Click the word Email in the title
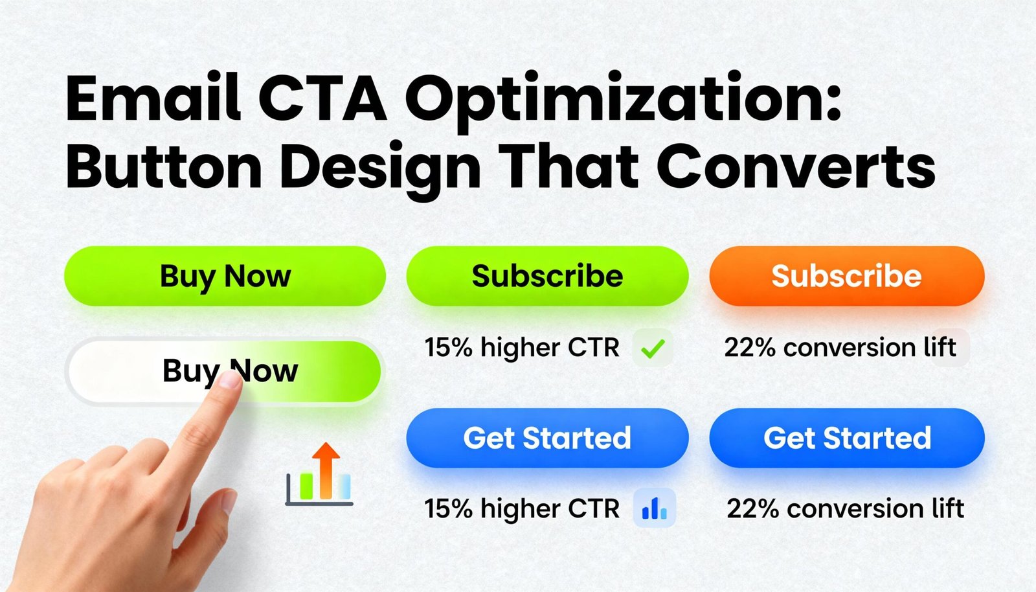coord(153,97)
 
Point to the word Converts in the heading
coord(796,167)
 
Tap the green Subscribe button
coord(547,276)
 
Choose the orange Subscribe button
coord(847,276)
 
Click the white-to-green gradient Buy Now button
coord(225,371)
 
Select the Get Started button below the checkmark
coord(547,438)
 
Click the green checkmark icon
coord(653,348)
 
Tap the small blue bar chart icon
coord(655,508)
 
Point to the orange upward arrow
coord(326,470)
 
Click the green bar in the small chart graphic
coord(306,486)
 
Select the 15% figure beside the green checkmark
coord(447,347)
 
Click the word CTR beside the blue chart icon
coord(593,508)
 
